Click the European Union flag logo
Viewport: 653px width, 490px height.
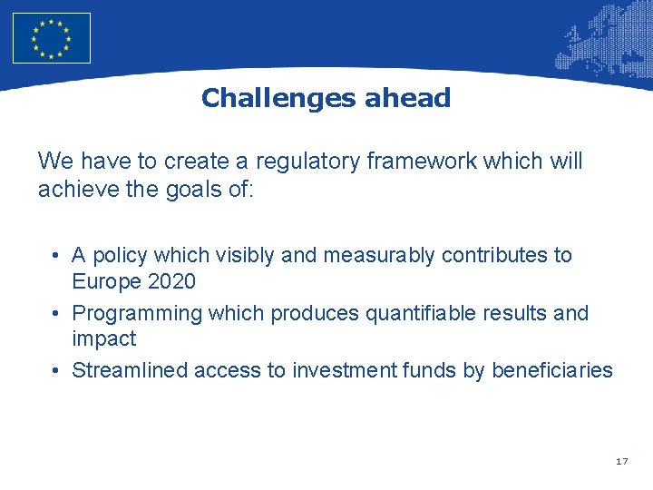(x=52, y=37)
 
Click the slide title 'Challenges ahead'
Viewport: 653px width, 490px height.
(x=326, y=98)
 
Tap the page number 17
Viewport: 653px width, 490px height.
(x=621, y=462)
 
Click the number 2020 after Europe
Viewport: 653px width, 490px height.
(x=171, y=281)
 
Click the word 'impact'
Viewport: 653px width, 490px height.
(x=103, y=338)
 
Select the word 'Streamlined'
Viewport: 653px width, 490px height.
(x=128, y=370)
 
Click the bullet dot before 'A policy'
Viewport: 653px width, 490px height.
(x=56, y=256)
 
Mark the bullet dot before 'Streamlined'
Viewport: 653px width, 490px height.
(x=56, y=370)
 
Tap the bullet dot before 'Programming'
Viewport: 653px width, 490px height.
(x=56, y=313)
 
